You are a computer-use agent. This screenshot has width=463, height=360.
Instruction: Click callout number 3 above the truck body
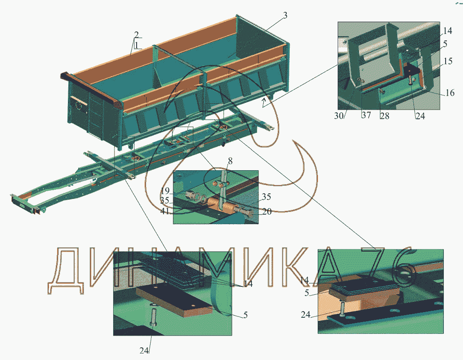coord(285,16)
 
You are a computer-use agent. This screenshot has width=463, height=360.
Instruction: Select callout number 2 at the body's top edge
coord(136,34)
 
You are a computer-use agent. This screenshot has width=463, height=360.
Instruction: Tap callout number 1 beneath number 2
coord(136,45)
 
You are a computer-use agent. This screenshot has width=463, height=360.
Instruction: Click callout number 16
coord(450,93)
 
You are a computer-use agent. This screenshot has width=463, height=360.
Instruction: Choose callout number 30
coord(339,116)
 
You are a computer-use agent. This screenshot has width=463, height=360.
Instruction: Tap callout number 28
coord(384,116)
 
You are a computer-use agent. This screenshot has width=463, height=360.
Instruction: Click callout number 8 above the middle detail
coord(230,161)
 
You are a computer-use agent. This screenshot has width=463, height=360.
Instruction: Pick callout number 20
coord(267,211)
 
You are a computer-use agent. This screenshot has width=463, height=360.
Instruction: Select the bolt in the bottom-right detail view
coord(342,309)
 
